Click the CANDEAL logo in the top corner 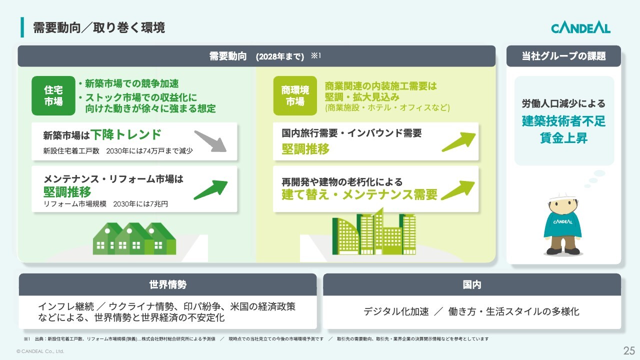[580, 28]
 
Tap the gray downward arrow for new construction [210, 141]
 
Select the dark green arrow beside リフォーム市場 [211, 189]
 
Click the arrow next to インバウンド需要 [458, 141]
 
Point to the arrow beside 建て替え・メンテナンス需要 [457, 190]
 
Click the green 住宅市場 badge [53, 95]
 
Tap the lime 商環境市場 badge [295, 95]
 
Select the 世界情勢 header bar [167, 284]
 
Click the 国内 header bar [472, 284]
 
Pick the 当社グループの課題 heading [563, 56]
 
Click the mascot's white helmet [563, 197]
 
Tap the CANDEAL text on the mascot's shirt [562, 222]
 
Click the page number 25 [629, 350]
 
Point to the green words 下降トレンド [126, 134]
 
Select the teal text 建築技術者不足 [563, 121]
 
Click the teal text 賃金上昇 [563, 138]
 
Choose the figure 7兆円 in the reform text [159, 203]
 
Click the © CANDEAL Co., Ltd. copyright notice [40, 351]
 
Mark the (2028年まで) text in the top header [280, 56]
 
